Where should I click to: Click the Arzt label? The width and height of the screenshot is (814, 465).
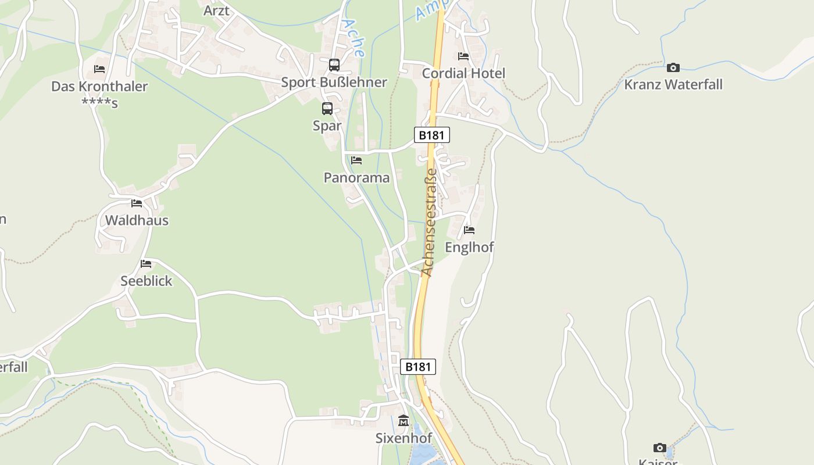point(216,11)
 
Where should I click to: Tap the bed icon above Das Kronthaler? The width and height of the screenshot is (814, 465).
point(99,69)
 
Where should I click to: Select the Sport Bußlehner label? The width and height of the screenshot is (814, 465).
point(334,83)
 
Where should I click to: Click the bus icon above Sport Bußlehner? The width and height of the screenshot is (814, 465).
point(334,65)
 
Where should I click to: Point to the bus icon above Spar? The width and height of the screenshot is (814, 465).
point(327,109)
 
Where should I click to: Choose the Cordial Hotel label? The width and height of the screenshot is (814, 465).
point(463,73)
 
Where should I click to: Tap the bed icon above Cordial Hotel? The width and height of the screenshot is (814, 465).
point(463,56)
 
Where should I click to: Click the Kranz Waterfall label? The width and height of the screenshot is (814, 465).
point(673,85)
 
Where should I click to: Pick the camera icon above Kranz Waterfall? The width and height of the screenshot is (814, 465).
point(673,67)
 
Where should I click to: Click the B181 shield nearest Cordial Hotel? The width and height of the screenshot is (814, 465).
point(431,135)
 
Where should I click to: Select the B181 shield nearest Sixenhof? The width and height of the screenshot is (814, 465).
point(417,367)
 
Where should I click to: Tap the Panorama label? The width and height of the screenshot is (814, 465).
point(356,178)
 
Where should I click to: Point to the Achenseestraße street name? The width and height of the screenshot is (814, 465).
point(429,222)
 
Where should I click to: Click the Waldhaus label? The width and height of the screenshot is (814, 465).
point(137,220)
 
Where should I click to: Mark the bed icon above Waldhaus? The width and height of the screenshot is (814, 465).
point(137,203)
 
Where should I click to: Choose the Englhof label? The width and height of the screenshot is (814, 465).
point(469,248)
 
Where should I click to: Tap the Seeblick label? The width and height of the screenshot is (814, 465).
point(147,281)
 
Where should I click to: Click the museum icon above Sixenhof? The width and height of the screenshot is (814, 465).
point(404,420)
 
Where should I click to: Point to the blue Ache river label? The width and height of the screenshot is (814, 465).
point(354,37)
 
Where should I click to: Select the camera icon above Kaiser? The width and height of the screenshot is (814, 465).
point(659,448)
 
